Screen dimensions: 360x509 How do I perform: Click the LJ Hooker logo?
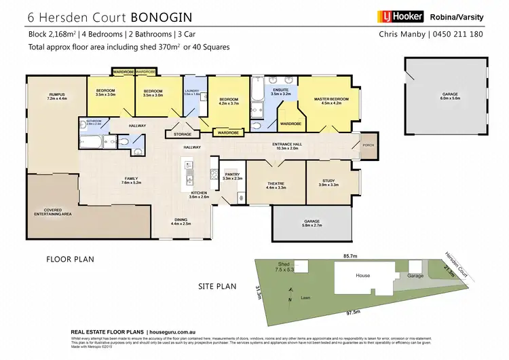pyautogui.click(x=400, y=16)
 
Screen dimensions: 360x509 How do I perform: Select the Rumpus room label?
pyautogui.click(x=56, y=96)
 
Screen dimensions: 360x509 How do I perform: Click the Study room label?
pyautogui.click(x=328, y=182)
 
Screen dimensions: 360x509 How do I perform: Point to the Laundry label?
pyautogui.click(x=193, y=92)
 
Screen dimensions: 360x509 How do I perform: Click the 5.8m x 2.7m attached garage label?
pyautogui.click(x=312, y=221)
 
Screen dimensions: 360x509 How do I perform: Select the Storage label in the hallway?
pyautogui.click(x=182, y=135)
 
